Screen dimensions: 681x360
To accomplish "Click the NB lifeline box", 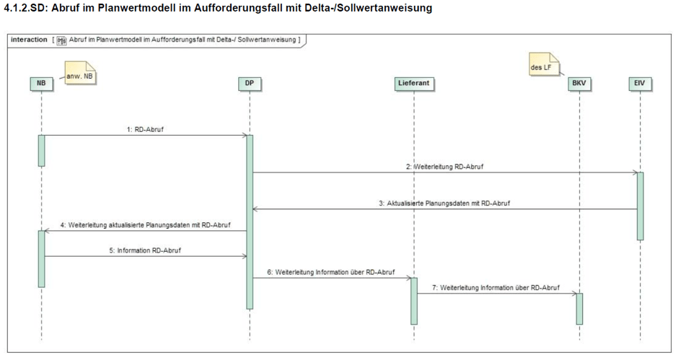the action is tap(41, 84).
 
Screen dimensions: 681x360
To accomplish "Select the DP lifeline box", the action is tap(250, 84).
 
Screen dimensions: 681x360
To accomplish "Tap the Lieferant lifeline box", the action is tap(414, 84).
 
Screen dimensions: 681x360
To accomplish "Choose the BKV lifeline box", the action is tap(579, 84).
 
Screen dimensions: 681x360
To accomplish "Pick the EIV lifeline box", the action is tap(640, 84).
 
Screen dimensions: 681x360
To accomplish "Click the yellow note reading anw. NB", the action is tap(80, 73).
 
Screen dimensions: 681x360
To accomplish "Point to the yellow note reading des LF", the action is tap(544, 64).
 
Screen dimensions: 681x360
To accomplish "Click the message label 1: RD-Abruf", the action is tap(145, 129).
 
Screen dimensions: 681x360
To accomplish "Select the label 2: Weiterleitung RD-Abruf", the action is tap(444, 167).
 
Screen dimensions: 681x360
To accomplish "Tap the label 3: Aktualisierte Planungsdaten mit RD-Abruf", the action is tap(444, 203).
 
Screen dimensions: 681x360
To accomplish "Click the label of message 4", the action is tap(146, 225).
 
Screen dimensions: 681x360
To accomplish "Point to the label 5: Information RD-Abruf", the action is tap(145, 250).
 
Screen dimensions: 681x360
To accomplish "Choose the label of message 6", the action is tap(331, 272).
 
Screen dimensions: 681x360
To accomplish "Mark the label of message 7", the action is tap(496, 287).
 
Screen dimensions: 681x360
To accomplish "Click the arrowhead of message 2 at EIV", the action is tap(635, 172).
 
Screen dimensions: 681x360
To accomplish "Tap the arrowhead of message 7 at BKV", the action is tap(574, 294).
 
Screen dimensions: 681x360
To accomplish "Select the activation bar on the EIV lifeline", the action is tap(640, 206).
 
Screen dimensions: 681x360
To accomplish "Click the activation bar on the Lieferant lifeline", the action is tap(414, 301).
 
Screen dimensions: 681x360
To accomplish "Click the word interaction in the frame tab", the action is tap(29, 40).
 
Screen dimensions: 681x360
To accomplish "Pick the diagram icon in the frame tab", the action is tap(61, 40).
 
